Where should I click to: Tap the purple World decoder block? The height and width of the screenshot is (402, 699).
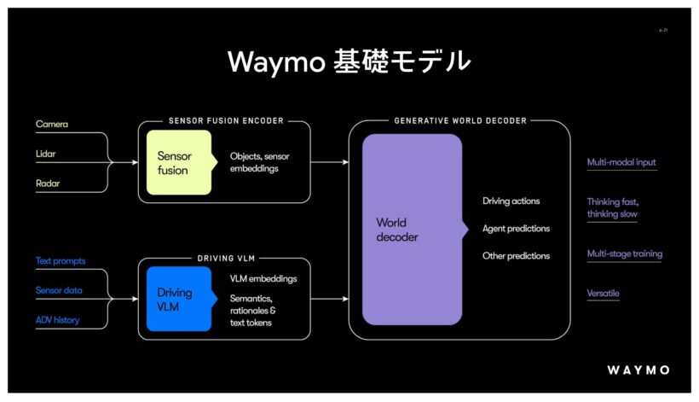tap(413, 230)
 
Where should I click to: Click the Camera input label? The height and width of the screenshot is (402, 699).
tap(52, 124)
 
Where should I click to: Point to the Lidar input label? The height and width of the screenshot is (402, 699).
tap(45, 154)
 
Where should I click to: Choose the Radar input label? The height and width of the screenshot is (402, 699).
tap(48, 184)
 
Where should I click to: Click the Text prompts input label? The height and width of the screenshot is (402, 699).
tap(61, 261)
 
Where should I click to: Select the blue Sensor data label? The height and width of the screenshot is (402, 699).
tap(59, 290)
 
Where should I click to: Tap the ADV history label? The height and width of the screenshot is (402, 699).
tap(57, 320)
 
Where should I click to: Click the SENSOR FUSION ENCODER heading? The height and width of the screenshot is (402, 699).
tap(226, 121)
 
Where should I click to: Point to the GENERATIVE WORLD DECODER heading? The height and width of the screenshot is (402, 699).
tap(460, 121)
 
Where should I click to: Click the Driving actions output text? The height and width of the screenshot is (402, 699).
tap(511, 201)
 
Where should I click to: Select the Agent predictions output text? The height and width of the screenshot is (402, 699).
tap(517, 229)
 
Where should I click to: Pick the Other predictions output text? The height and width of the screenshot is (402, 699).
tap(517, 256)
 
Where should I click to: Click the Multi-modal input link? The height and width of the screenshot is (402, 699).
tap(621, 162)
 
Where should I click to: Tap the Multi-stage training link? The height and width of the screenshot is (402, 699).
tap(625, 253)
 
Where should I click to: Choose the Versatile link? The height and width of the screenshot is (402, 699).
tap(604, 293)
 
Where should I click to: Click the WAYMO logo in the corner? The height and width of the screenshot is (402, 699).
tap(638, 370)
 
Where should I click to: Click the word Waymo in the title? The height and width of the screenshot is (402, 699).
tap(276, 62)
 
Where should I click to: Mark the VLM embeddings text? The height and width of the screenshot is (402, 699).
tap(263, 279)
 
